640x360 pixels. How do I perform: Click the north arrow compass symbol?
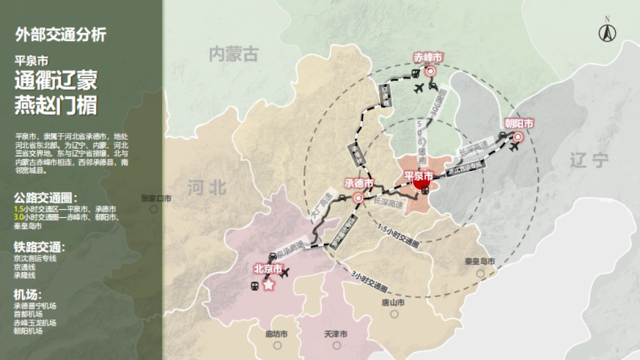click(607, 33)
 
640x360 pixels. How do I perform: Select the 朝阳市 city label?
click(519, 123)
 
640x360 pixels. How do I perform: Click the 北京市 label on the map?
click(268, 269)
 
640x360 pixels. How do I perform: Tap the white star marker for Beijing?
click(269, 285)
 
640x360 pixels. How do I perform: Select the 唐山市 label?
click(393, 303)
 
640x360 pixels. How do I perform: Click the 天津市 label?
click(335, 334)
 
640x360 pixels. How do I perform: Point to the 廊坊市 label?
click(276, 334)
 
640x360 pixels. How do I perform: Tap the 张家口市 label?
click(156, 198)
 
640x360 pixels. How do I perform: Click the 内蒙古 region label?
click(234, 54)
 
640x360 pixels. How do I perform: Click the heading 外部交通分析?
click(61, 35)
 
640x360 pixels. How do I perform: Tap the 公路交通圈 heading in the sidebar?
click(46, 198)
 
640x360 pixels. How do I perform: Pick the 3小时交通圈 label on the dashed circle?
click(369, 281)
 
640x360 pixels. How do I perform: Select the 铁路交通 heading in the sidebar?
click(40, 247)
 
